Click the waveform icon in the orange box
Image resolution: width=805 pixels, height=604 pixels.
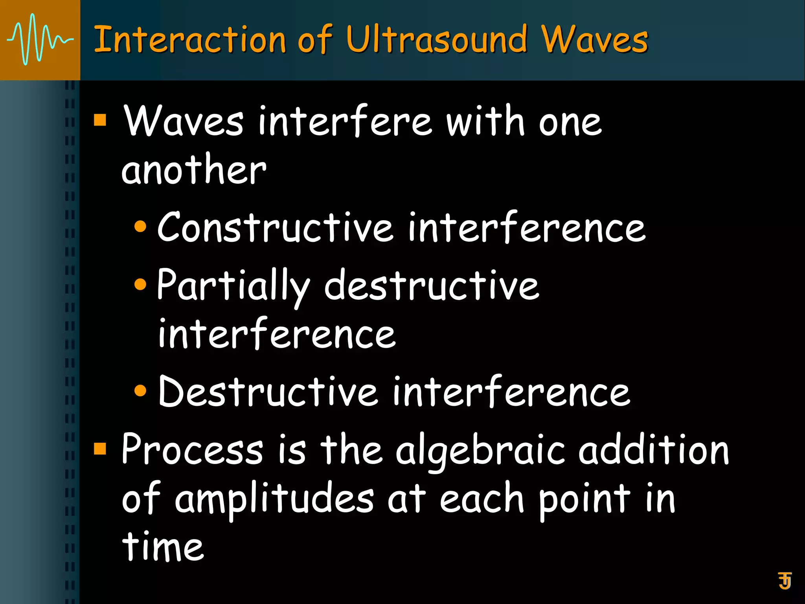(x=40, y=40)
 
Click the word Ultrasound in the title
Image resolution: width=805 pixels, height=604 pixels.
(x=436, y=40)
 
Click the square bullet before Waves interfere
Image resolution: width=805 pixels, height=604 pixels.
(x=100, y=120)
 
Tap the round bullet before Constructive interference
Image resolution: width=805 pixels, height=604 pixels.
(x=140, y=227)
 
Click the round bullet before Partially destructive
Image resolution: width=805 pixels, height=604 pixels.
(x=140, y=284)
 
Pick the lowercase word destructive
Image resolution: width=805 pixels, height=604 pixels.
(x=431, y=286)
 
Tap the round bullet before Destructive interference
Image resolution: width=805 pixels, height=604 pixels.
(x=140, y=390)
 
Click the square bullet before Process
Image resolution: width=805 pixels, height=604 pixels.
(x=100, y=448)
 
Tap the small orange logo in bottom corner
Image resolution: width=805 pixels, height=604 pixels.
(x=785, y=580)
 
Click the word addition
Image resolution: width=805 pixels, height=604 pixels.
(x=653, y=449)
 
